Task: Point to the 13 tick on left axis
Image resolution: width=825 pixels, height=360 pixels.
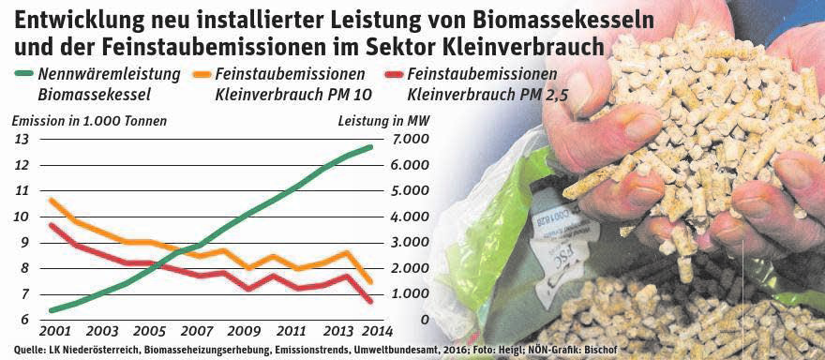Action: (22, 139)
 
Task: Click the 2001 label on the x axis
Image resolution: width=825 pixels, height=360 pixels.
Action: (53, 332)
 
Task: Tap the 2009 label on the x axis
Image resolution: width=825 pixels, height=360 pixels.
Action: (244, 332)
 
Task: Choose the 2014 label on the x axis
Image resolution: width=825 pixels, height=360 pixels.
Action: (374, 332)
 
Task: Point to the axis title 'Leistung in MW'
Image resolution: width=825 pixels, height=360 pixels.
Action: (369, 120)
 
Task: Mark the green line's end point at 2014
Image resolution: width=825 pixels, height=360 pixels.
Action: (371, 146)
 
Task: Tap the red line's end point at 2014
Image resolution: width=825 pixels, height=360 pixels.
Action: (371, 301)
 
